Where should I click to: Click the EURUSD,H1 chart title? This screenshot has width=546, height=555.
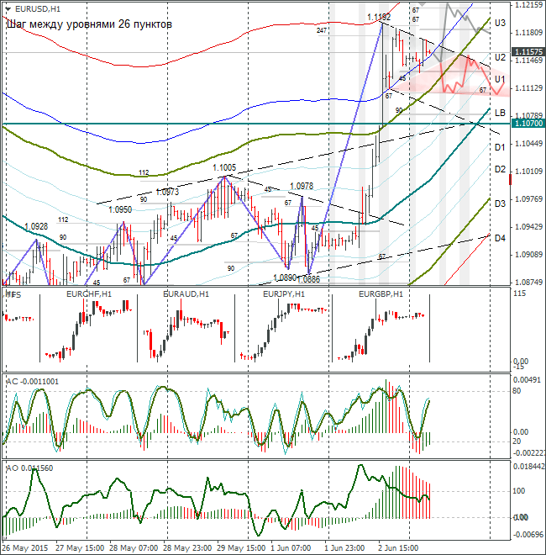click(38, 8)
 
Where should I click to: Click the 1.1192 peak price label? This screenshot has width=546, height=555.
click(379, 17)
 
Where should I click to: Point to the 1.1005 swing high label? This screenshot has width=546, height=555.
click(223, 168)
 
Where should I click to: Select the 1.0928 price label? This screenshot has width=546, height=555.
click(36, 226)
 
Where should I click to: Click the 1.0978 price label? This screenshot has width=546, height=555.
click(302, 186)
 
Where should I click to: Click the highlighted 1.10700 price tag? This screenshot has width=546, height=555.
click(526, 123)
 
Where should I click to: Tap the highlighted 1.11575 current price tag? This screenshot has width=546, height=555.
click(526, 52)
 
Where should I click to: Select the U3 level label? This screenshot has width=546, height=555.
click(499, 23)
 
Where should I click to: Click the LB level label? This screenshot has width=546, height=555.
click(499, 113)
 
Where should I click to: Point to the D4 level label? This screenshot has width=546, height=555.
click(499, 239)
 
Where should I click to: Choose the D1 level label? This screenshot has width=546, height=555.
click(499, 147)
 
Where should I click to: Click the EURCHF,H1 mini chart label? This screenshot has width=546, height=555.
click(89, 294)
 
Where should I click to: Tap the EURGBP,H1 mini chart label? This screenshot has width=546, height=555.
click(381, 294)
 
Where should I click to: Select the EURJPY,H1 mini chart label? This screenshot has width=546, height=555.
click(285, 294)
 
